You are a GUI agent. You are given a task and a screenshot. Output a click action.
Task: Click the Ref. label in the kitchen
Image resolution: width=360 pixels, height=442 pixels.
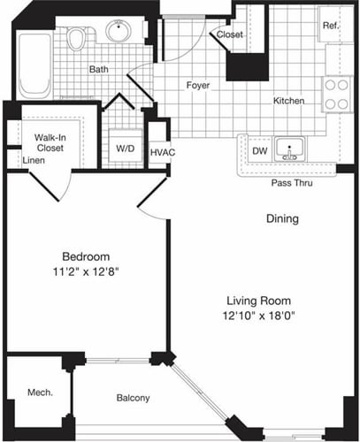331,25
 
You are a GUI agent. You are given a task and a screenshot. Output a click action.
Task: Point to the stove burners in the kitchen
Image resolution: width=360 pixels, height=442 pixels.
337,95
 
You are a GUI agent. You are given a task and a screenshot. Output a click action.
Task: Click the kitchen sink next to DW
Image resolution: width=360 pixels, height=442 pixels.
287,150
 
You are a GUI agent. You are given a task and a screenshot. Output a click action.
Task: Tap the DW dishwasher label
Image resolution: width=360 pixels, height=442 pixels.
259,151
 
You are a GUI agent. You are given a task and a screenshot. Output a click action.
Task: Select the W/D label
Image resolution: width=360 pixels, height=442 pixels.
125,149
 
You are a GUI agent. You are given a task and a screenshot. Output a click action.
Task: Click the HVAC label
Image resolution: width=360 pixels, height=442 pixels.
161,153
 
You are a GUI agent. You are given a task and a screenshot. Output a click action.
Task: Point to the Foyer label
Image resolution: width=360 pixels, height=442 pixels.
196,86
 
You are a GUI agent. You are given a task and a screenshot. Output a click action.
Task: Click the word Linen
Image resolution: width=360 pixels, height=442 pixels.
34,161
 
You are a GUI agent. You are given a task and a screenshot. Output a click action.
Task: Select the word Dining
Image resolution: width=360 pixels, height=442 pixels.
282,218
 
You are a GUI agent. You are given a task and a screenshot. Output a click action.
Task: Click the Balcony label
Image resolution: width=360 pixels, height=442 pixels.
133,398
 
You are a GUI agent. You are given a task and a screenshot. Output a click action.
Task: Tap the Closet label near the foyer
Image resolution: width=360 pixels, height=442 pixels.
229,34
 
